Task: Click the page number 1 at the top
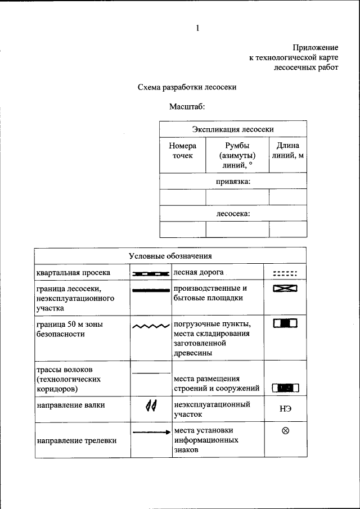(x=197, y=28)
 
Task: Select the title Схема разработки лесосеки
(x=187, y=87)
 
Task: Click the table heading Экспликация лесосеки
(x=233, y=128)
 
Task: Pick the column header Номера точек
(x=182, y=151)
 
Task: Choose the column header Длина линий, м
(x=287, y=151)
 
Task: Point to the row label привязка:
(x=233, y=181)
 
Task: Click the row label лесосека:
(x=233, y=214)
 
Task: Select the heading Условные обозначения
(x=170, y=256)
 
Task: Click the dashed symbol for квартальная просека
(x=150, y=273)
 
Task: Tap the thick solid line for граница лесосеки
(x=150, y=290)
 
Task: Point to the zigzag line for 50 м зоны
(x=151, y=326)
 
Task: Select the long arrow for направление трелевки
(x=151, y=432)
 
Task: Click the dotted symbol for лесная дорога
(x=285, y=273)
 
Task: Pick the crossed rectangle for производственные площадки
(x=285, y=289)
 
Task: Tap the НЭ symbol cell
(x=285, y=409)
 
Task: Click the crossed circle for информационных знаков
(x=285, y=431)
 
